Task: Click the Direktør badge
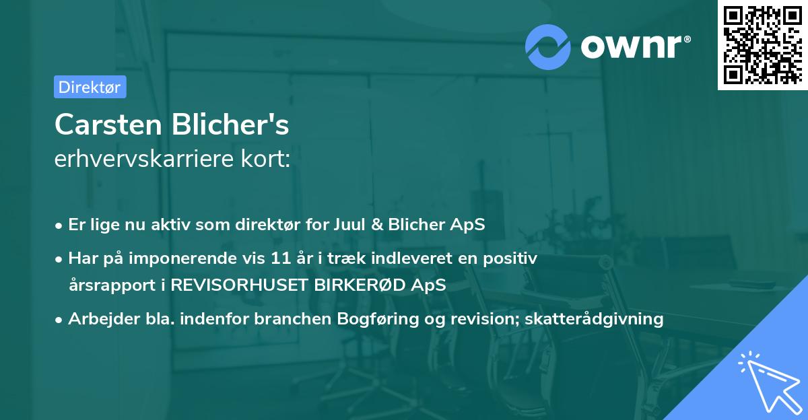coord(90,87)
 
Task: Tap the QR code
coord(762,44)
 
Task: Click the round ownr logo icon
coord(548,47)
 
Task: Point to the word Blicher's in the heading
coord(232,125)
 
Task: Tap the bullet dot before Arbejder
coord(60,319)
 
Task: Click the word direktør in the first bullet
coord(275,225)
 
